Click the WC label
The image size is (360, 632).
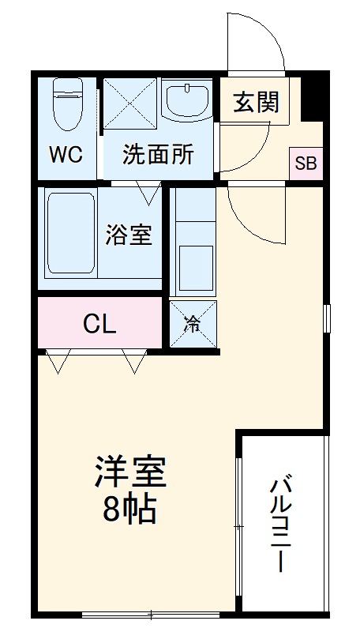(66, 155)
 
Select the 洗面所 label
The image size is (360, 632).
(158, 155)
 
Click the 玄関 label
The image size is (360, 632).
(254, 103)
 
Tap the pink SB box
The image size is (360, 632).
(306, 164)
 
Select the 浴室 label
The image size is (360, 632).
(129, 235)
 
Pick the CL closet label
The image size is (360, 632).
(100, 323)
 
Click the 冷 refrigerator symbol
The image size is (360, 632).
(193, 324)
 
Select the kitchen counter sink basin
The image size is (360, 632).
(193, 266)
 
